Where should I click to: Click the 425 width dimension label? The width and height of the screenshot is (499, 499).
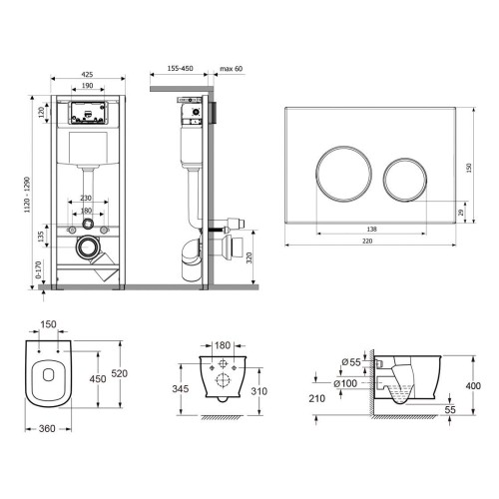[x=87, y=75]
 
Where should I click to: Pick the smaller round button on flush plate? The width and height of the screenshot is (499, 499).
[x=405, y=180]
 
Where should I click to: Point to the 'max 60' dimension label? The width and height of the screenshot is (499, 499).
[x=232, y=69]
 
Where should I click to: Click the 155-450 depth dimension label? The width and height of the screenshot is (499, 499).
[x=180, y=69]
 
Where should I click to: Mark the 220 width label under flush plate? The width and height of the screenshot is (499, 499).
[x=367, y=241]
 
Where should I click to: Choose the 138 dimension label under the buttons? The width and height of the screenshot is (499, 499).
[x=371, y=230]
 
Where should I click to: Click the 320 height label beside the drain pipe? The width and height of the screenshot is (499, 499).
[x=249, y=257]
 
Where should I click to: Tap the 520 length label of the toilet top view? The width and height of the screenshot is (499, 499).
[x=119, y=373]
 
